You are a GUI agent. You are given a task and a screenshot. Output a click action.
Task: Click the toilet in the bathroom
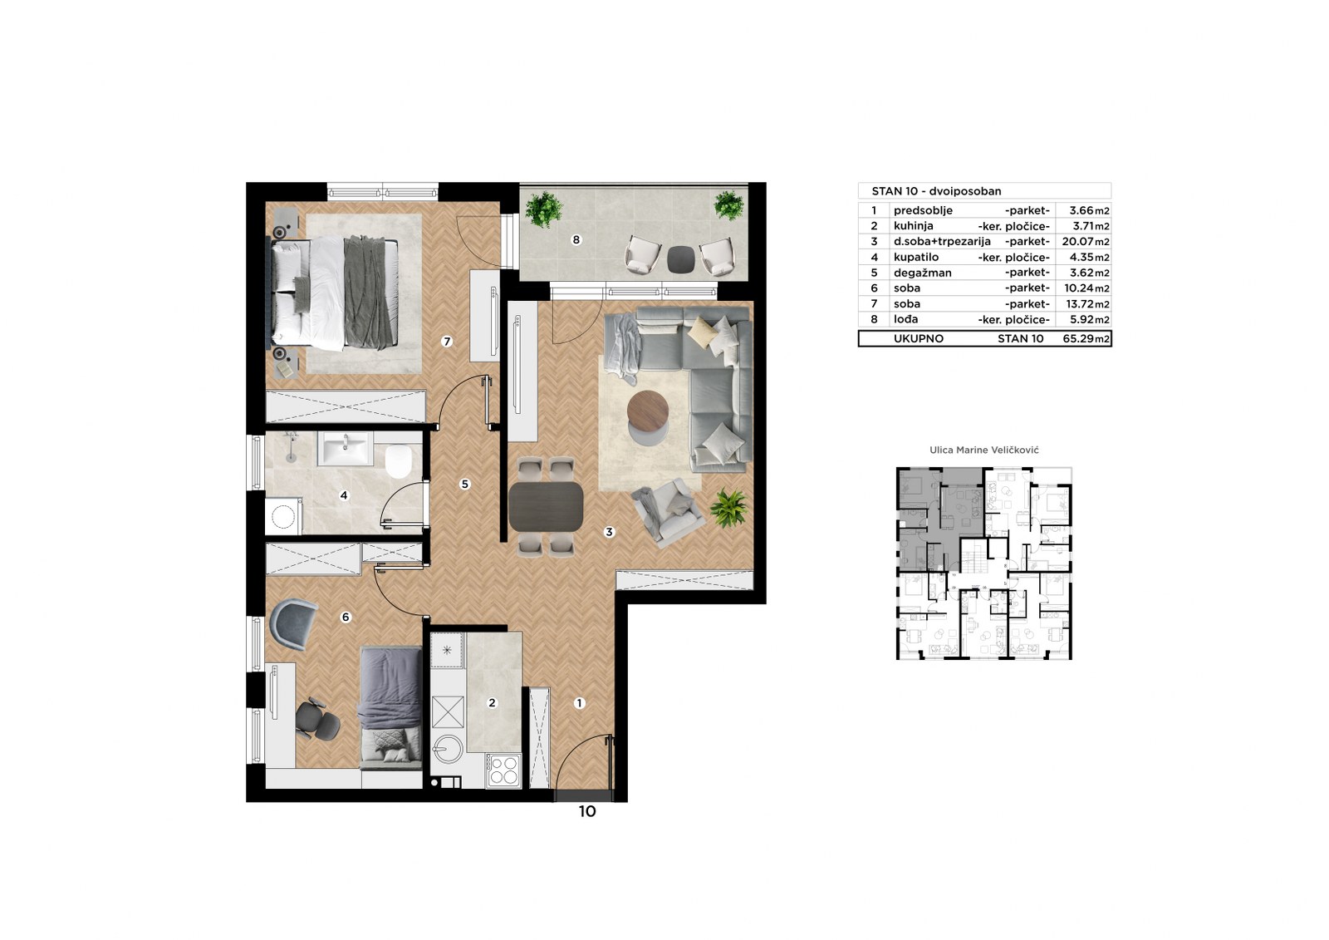[x=398, y=461]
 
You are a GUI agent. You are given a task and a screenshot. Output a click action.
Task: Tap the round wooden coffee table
[x=648, y=410]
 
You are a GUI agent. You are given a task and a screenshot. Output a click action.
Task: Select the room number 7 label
[x=447, y=342]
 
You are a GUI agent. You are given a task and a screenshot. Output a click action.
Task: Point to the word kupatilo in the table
[x=916, y=257]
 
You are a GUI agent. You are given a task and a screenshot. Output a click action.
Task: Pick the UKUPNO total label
[x=919, y=338]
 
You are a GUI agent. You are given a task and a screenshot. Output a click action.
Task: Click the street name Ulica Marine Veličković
[x=983, y=450]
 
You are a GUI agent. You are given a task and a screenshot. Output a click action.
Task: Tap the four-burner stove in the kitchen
[x=503, y=770]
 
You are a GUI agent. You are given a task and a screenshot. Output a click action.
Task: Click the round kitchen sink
[x=448, y=749]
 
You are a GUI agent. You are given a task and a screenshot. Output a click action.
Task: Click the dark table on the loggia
[x=680, y=259]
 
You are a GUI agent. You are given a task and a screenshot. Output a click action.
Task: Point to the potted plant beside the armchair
[x=728, y=508]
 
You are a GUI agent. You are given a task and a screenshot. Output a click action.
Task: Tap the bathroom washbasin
[x=345, y=448]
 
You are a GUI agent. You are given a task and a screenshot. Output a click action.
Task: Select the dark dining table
[x=546, y=506]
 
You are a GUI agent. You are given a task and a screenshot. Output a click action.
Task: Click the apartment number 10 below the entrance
[x=586, y=811]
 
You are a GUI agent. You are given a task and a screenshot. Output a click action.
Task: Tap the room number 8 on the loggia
[x=576, y=240]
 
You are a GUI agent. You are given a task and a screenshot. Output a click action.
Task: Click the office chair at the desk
[x=317, y=720]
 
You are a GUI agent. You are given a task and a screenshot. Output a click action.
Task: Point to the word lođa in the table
[x=906, y=319]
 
